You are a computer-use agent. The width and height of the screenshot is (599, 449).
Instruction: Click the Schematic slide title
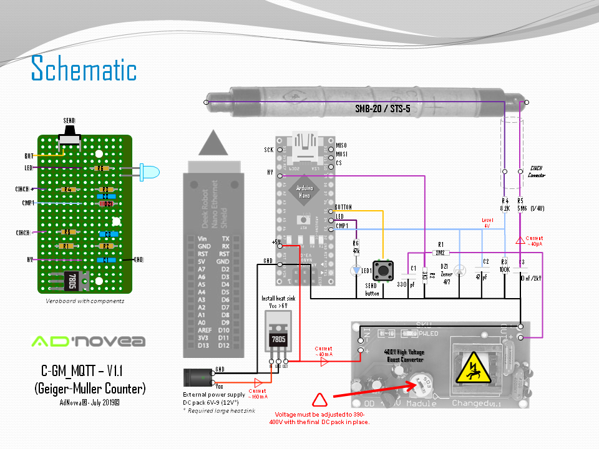point(84,69)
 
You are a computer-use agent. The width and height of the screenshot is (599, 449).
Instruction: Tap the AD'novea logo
point(88,341)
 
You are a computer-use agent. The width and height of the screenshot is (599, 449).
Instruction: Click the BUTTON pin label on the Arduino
point(343,206)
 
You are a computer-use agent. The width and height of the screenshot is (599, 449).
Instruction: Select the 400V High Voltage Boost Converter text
point(404,356)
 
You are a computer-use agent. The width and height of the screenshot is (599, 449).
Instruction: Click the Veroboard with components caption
point(84,301)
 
